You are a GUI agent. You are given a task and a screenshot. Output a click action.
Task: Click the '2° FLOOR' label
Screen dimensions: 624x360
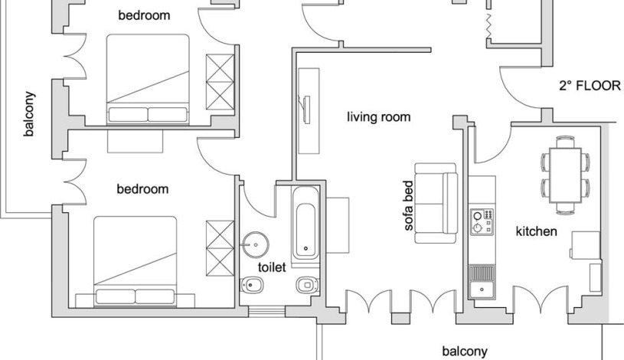click(x=590, y=86)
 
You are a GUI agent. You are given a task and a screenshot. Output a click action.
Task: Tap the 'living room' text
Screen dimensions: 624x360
click(x=378, y=117)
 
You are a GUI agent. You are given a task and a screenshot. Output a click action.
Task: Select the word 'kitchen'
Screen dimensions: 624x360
click(x=536, y=231)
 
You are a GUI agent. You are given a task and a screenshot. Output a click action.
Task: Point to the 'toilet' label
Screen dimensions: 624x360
click(x=272, y=267)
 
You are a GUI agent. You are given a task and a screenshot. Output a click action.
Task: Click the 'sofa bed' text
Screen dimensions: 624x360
click(x=409, y=205)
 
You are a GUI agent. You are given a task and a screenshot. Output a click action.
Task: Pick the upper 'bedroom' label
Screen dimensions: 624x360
click(x=144, y=15)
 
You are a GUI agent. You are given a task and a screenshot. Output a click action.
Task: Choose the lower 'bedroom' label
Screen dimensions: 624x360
click(x=142, y=188)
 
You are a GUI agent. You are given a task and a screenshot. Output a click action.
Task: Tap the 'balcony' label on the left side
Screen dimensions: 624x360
click(x=29, y=114)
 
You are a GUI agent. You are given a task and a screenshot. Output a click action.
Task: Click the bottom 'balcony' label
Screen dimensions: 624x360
click(x=465, y=352)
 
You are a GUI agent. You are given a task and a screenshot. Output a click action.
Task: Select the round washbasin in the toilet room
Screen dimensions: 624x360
click(x=256, y=245)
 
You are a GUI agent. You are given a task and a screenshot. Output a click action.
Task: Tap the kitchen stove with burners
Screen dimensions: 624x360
click(x=482, y=221)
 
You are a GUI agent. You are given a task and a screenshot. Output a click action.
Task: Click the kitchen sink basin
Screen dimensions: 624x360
click(x=482, y=289)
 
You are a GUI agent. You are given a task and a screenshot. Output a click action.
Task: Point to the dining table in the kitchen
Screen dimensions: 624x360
click(x=565, y=175)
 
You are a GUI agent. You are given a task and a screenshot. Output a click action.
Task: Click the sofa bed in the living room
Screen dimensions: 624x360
click(x=436, y=203)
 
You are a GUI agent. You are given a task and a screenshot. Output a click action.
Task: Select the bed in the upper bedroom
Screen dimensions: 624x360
click(x=148, y=79)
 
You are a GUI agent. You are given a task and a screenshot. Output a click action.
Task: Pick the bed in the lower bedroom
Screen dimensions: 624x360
click(x=136, y=261)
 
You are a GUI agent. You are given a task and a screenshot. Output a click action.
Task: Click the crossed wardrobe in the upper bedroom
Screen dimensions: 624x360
click(x=220, y=82)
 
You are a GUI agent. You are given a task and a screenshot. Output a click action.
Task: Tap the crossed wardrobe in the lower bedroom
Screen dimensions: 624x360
click(x=220, y=248)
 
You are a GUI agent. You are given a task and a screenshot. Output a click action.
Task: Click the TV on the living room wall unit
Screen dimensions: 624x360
click(x=306, y=110)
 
